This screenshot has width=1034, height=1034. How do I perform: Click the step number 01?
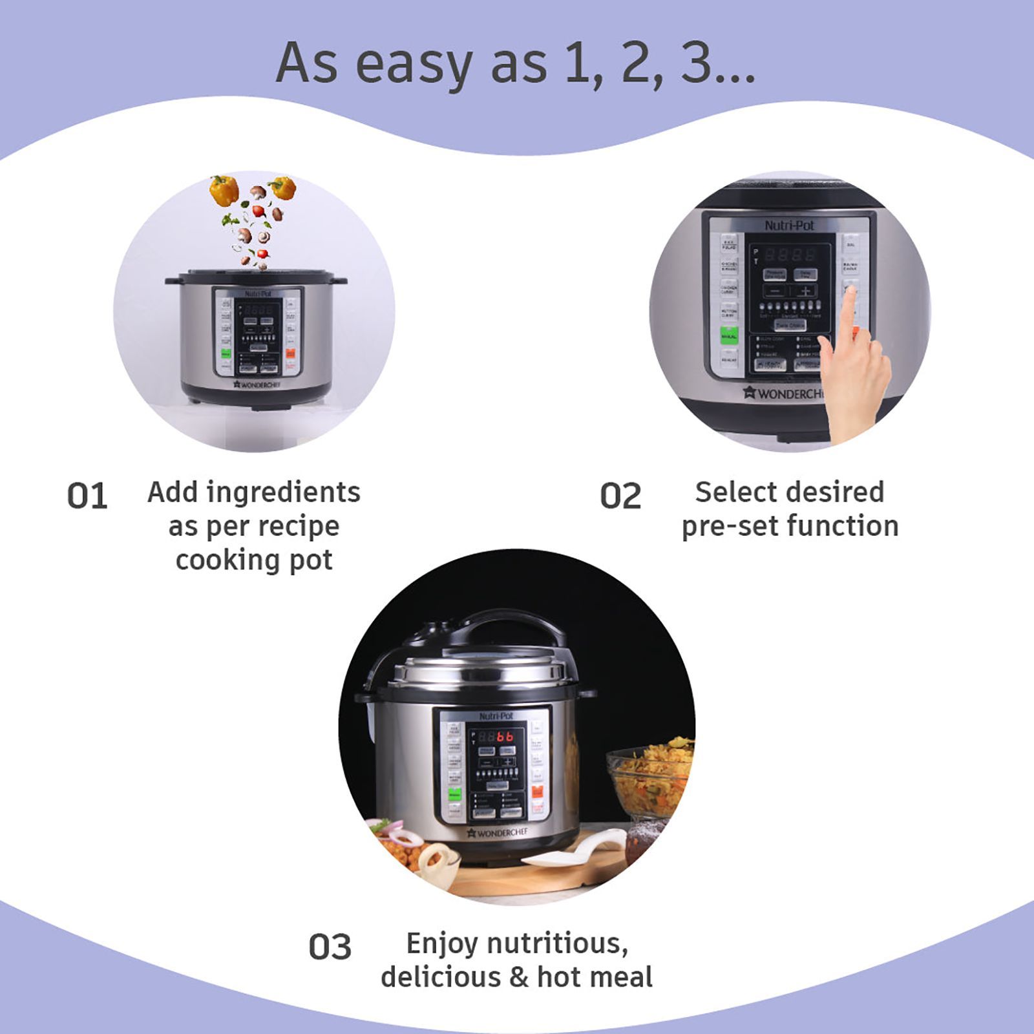[87, 496]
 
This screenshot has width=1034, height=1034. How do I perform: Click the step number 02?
[620, 496]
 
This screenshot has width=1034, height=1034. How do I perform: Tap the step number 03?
[330, 947]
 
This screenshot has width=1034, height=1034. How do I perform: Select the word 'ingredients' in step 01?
[283, 492]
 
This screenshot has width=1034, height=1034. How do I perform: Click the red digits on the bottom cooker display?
[505, 737]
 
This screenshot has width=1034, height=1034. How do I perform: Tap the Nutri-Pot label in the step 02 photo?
[789, 226]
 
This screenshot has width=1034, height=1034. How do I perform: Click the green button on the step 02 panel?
[729, 336]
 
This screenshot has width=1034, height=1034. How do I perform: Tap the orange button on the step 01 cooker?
[290, 354]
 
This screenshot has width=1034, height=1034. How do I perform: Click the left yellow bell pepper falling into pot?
[224, 190]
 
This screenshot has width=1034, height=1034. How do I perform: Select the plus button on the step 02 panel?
[805, 291]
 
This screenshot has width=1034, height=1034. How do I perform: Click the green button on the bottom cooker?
[454, 794]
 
